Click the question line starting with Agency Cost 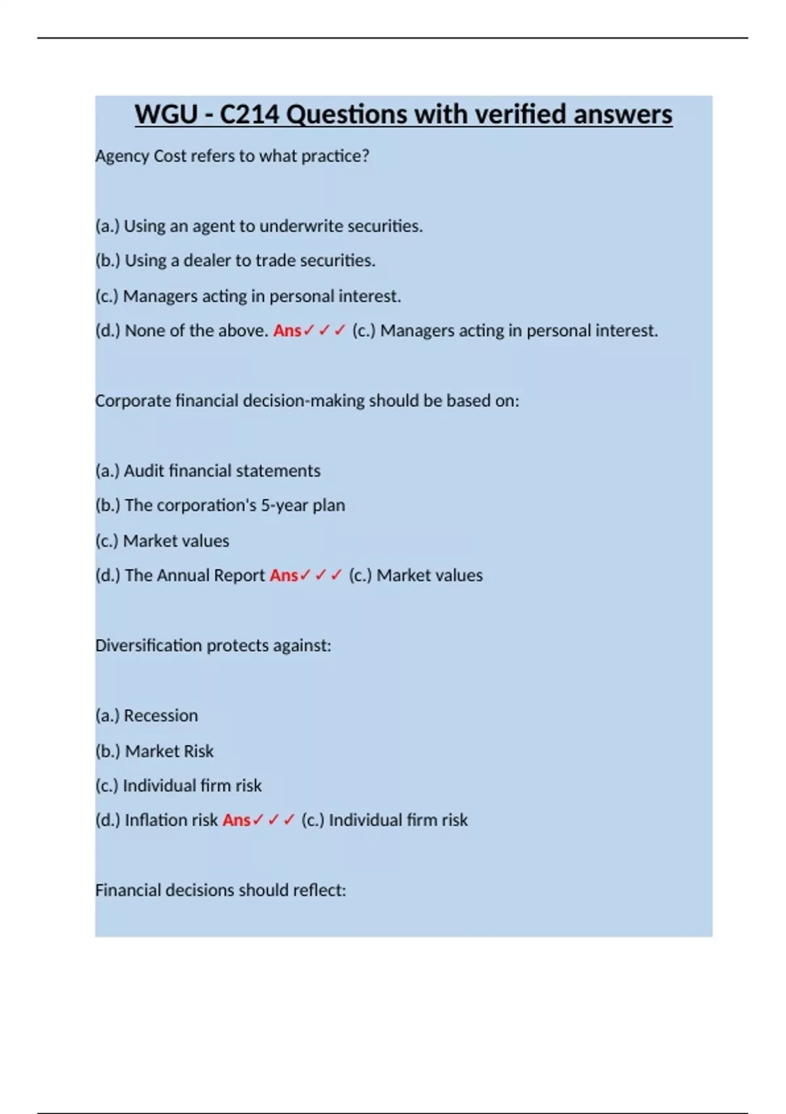(x=232, y=156)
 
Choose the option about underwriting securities (x=259, y=226)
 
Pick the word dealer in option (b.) (x=207, y=261)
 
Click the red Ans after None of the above (x=287, y=331)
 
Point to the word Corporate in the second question (x=133, y=401)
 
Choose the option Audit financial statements (x=208, y=471)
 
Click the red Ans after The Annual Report (x=284, y=575)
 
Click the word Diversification (x=148, y=645)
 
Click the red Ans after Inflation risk (x=236, y=820)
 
